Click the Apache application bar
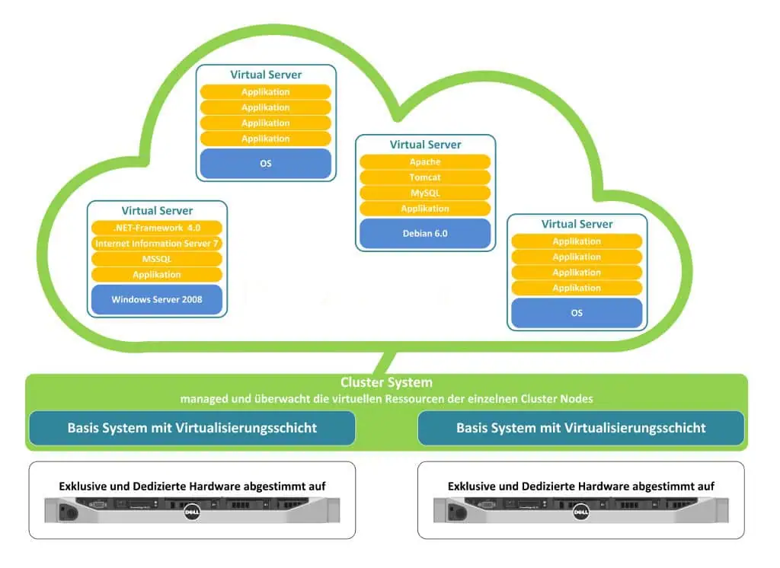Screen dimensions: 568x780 (425, 162)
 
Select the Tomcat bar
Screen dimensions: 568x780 (425, 177)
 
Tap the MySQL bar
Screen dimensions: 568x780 (425, 193)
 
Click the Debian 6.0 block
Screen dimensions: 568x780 (425, 233)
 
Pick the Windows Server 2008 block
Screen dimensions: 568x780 (157, 299)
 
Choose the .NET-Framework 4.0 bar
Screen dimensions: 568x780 (157, 228)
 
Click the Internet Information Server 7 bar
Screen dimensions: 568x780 (157, 244)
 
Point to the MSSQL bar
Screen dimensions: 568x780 (157, 259)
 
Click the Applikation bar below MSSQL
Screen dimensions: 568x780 (157, 275)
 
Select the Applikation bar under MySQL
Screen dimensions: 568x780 (425, 209)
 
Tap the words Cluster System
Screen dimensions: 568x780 (386, 383)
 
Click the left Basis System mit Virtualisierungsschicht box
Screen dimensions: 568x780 (192, 428)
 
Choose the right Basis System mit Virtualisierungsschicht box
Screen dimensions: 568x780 (580, 428)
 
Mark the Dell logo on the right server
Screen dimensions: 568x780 (580, 514)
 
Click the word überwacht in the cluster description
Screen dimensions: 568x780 (275, 399)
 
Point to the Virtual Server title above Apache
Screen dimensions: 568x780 (425, 145)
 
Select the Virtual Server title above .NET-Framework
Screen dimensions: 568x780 (157, 211)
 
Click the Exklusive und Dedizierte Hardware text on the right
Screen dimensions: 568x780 (580, 486)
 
